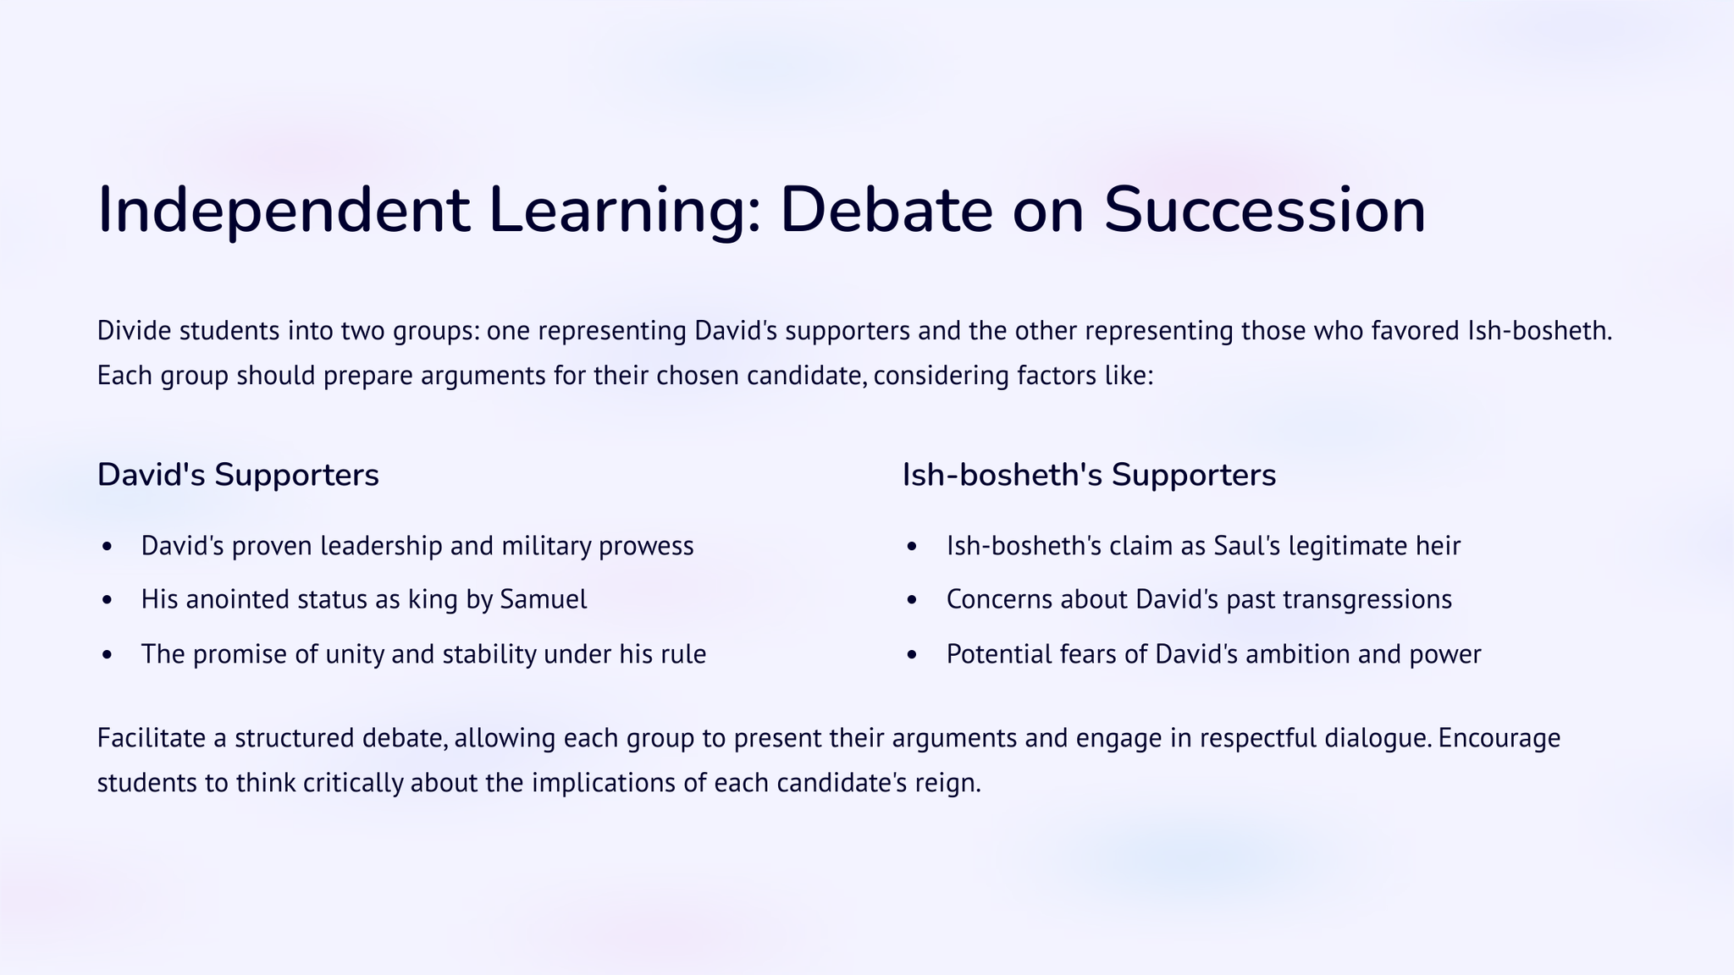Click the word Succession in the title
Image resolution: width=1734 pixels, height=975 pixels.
[1265, 210]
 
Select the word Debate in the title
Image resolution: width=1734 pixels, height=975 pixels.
[886, 210]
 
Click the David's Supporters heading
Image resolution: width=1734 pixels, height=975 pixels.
[238, 476]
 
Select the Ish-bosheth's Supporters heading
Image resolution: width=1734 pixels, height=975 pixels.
[1089, 476]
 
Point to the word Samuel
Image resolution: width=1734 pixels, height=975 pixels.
[544, 599]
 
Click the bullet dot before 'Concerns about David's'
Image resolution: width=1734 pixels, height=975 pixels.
[912, 600]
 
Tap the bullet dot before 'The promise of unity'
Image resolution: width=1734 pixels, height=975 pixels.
[106, 655]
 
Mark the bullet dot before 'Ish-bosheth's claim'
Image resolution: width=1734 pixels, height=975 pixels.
[912, 547]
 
